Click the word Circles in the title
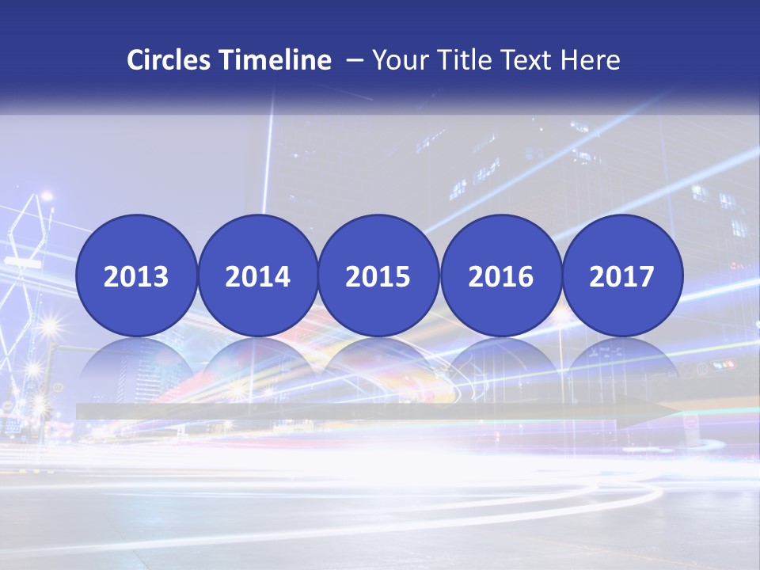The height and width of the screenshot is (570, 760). point(169,60)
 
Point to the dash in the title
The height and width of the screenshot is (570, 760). point(355,60)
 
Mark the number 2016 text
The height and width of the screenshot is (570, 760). point(500,277)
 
